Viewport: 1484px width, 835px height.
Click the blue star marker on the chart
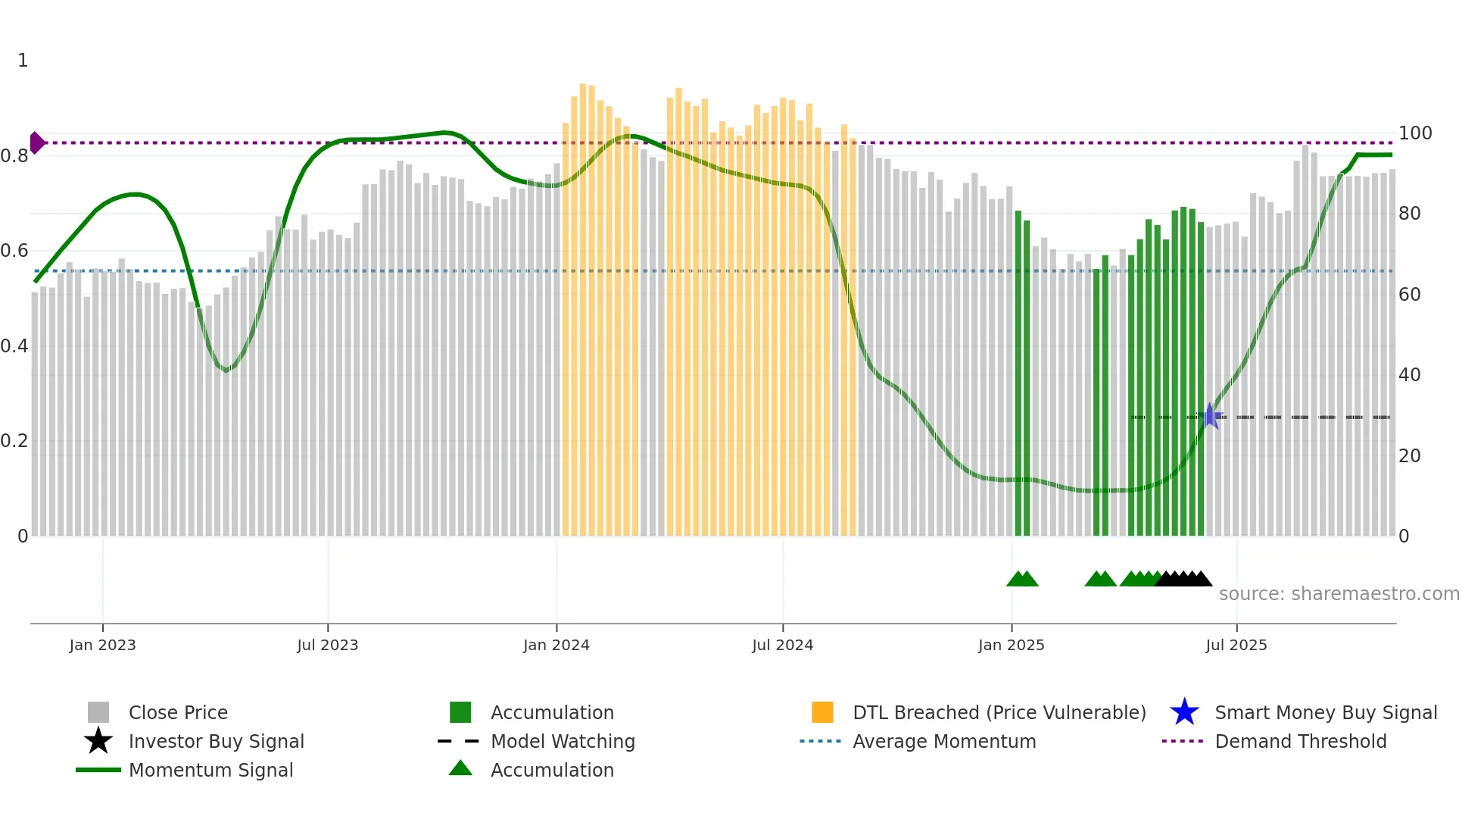(x=1210, y=417)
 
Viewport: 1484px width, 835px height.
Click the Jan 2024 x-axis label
(x=556, y=646)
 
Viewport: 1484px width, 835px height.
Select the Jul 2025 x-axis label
(x=1236, y=646)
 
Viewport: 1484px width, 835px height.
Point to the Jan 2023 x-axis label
(x=102, y=646)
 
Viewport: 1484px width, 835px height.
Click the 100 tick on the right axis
(x=1414, y=133)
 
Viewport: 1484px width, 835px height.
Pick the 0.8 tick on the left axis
(x=14, y=156)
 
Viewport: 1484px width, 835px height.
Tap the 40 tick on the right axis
(x=1409, y=375)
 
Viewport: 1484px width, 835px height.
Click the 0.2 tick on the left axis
(x=14, y=441)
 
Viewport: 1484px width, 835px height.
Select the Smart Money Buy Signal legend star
(x=1184, y=712)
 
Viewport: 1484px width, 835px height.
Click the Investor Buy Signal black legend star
(x=98, y=741)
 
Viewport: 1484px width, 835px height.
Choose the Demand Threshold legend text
(x=1300, y=741)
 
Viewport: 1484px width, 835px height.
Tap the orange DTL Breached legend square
(x=822, y=712)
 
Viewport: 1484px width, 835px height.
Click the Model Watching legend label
(x=563, y=741)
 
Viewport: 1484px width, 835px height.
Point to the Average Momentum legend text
(x=944, y=741)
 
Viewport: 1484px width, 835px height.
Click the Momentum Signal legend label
(x=210, y=770)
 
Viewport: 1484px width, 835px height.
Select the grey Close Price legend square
(x=98, y=712)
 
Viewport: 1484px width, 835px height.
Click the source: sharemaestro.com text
(x=1339, y=594)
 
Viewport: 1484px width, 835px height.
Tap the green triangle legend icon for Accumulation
(x=460, y=768)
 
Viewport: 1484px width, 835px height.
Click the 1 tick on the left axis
(x=23, y=61)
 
